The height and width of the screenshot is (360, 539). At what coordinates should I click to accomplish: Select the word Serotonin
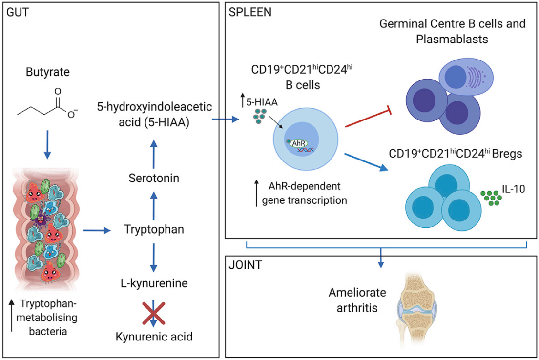[154, 178]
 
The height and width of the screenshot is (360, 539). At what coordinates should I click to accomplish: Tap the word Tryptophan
[154, 229]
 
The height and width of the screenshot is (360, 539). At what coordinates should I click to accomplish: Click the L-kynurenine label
[154, 282]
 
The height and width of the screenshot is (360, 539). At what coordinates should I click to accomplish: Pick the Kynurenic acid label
[154, 336]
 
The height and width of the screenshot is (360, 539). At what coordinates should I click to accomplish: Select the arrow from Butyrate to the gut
[47, 144]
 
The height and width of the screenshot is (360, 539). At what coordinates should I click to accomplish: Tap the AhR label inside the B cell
[300, 143]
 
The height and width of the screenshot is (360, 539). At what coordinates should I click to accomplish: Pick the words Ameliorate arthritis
[351, 300]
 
